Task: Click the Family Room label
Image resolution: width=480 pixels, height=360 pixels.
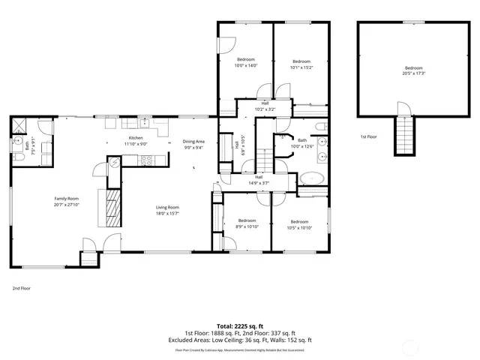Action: point(46,199)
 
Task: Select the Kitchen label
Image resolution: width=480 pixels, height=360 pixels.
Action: point(136,138)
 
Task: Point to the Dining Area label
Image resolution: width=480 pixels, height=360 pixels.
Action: point(193,142)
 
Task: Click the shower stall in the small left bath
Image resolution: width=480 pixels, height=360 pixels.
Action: point(19,125)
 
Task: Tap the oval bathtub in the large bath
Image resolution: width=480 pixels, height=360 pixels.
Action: point(311,179)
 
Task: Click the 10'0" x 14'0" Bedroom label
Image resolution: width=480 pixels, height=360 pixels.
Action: point(247,59)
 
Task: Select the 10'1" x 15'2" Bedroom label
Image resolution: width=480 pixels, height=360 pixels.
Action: point(301,61)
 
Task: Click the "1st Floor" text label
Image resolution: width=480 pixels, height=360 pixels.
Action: point(367,137)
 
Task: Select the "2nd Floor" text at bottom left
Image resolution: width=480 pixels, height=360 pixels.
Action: point(20,288)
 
